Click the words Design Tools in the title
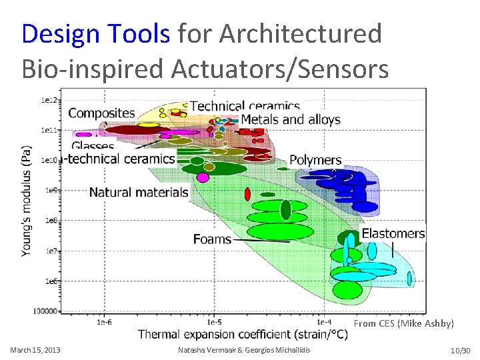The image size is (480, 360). [x=96, y=33]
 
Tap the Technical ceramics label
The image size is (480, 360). [x=245, y=106]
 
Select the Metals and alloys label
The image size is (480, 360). [x=290, y=120]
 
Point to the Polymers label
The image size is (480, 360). [x=315, y=161]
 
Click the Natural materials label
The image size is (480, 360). [x=139, y=193]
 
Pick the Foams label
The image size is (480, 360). [x=213, y=239]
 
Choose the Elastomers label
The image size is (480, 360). [x=393, y=233]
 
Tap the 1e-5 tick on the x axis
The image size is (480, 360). [x=214, y=322]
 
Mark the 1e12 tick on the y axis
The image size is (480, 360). [x=50, y=100]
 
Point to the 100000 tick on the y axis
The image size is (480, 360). [x=46, y=311]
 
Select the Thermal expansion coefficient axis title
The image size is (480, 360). [x=243, y=334]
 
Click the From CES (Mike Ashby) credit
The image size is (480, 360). [x=403, y=323]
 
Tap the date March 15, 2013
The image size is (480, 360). [x=35, y=350]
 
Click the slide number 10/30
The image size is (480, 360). [x=461, y=350]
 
